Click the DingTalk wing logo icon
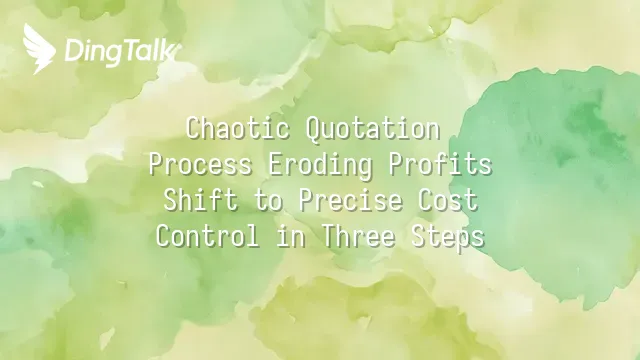[x=39, y=49]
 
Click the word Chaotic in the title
[x=238, y=128]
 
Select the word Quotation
[x=373, y=129]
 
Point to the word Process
[x=200, y=164]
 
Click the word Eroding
[x=320, y=165]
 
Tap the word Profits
[x=440, y=164]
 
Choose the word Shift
[x=201, y=200]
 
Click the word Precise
[x=350, y=200]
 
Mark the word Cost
[x=448, y=200]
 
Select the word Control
[x=207, y=236]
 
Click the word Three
[x=358, y=236]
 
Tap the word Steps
[x=448, y=237]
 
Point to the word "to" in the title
[x=268, y=201]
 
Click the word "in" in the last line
[x=291, y=236]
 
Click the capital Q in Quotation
[x=313, y=131]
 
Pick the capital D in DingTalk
[x=74, y=52]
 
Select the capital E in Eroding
[x=276, y=165]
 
